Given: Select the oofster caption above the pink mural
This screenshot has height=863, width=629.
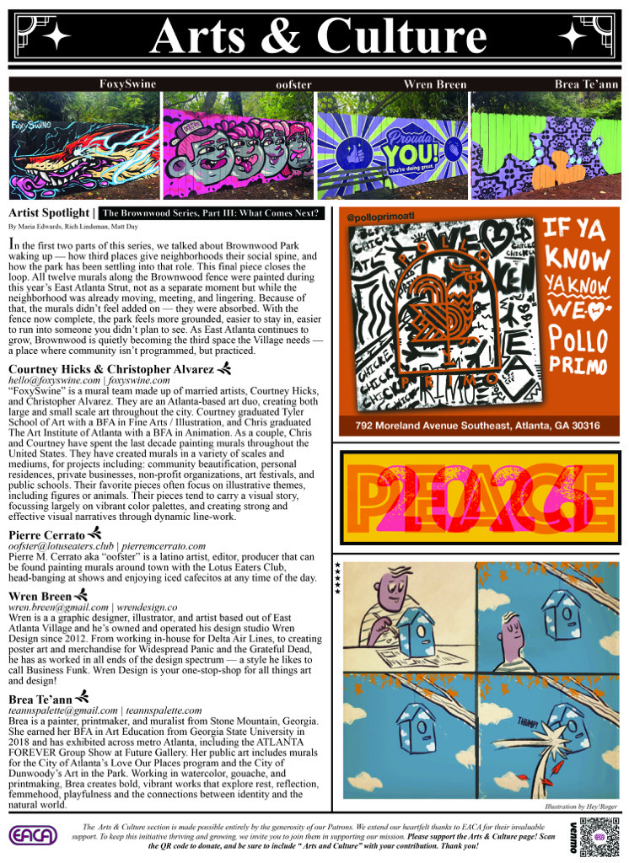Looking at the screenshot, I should pyautogui.click(x=293, y=85).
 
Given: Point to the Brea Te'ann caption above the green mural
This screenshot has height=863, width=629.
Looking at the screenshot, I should pyautogui.click(x=585, y=85).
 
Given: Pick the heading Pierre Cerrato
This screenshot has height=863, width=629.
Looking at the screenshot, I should pyautogui.click(x=47, y=535).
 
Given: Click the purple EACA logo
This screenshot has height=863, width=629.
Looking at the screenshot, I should pyautogui.click(x=33, y=836).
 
